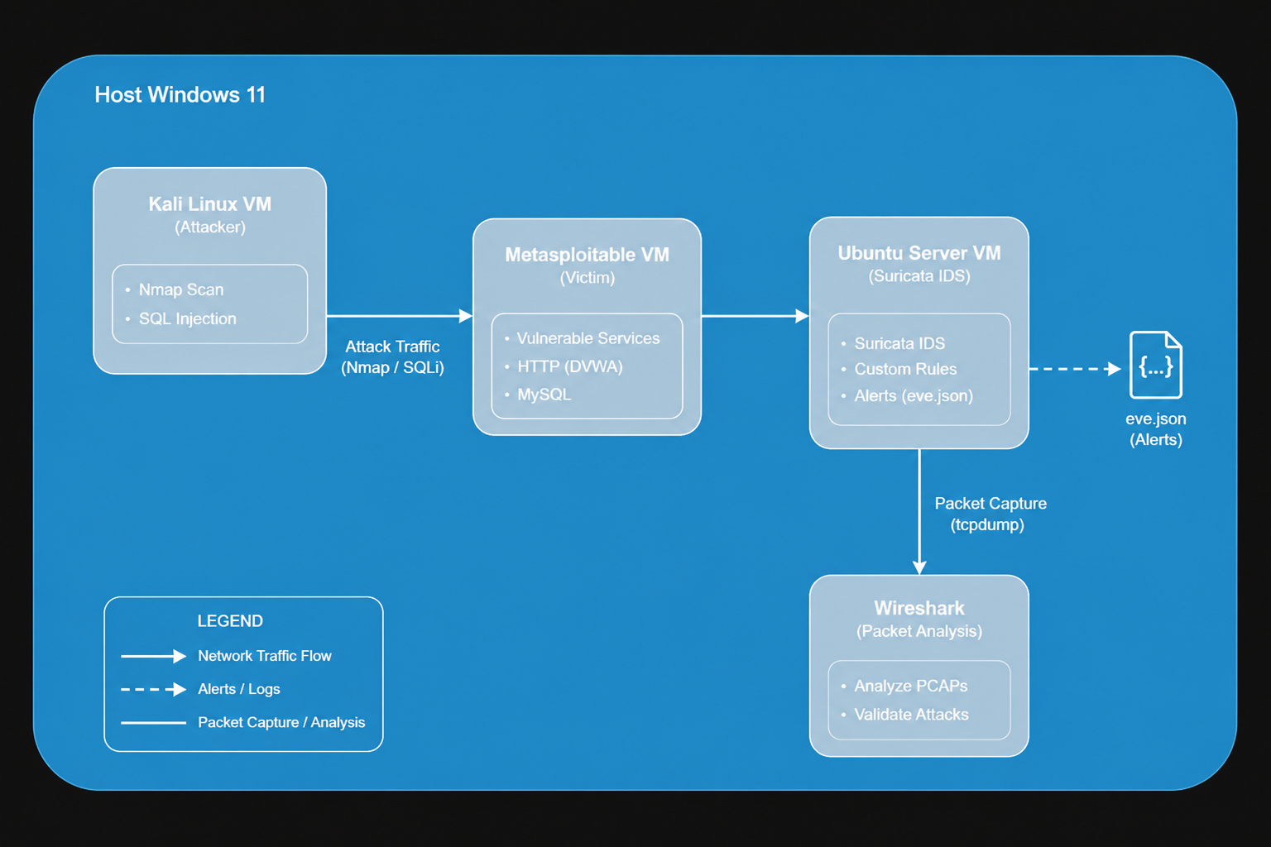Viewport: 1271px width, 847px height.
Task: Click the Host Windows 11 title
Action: (180, 95)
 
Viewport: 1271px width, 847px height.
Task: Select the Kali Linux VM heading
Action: (210, 204)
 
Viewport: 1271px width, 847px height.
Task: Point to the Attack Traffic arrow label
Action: (393, 357)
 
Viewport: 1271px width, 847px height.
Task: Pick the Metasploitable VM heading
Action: (588, 255)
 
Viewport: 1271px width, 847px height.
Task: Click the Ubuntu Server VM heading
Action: (919, 253)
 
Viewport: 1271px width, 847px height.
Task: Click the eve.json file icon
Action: (1156, 365)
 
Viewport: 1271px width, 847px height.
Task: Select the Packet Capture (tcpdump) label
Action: (990, 514)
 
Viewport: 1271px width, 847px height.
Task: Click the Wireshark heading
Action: (919, 608)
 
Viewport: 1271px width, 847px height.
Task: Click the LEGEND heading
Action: (230, 621)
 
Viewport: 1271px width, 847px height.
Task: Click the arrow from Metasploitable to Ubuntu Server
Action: (755, 316)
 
